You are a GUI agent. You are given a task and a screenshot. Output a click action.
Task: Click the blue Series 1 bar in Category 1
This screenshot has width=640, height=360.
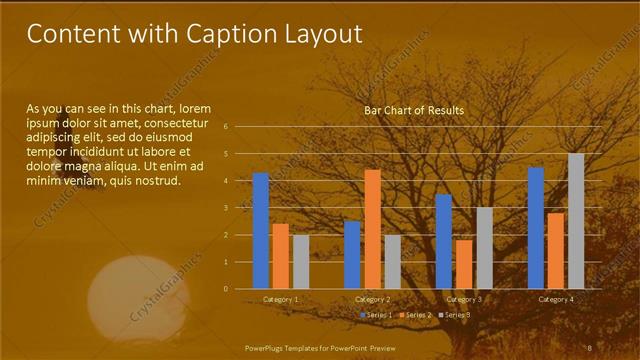click(261, 230)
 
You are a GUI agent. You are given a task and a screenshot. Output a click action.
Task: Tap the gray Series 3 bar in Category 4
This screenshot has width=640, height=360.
click(576, 220)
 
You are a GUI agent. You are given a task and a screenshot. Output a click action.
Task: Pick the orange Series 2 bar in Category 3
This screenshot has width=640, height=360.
click(464, 264)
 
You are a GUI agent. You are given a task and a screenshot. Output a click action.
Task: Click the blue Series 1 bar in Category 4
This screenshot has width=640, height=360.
click(536, 227)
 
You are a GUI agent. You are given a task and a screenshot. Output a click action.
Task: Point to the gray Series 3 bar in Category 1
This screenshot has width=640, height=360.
click(301, 261)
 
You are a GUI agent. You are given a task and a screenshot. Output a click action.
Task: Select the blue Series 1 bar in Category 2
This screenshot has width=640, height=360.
click(352, 254)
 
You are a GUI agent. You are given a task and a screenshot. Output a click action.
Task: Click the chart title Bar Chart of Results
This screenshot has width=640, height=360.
click(413, 110)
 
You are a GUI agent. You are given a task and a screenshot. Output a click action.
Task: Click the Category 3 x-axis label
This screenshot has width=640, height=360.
click(464, 299)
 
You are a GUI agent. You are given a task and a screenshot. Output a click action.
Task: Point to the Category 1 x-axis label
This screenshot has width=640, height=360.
click(280, 299)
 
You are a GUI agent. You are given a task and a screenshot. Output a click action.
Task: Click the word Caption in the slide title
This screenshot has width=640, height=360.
click(233, 34)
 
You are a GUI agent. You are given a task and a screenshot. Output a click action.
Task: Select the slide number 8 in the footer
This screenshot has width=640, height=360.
click(589, 347)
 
